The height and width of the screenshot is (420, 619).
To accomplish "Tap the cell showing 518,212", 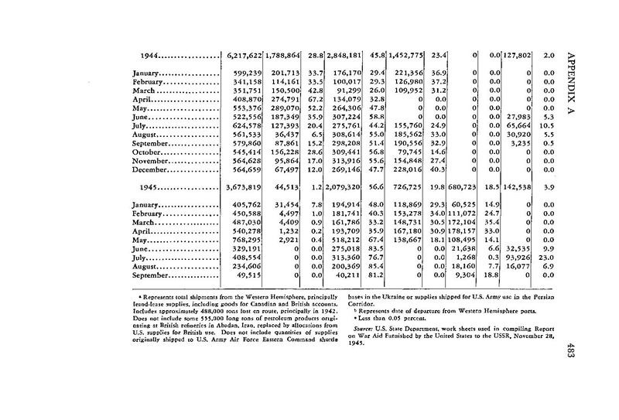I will click(x=360, y=241).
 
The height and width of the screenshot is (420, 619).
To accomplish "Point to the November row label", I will click(x=147, y=162).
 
